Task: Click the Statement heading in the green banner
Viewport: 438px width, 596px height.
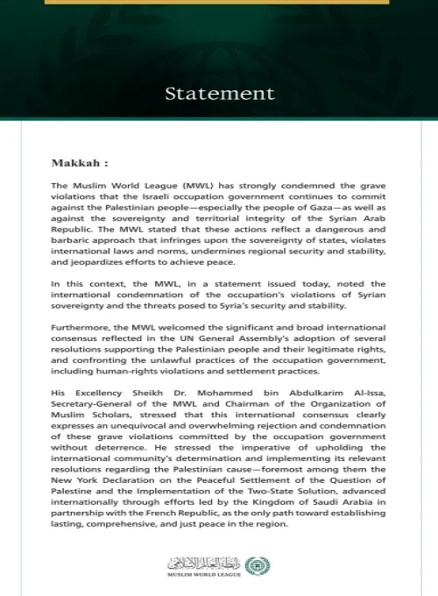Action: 219,92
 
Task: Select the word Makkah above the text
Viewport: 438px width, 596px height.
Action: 76,163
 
